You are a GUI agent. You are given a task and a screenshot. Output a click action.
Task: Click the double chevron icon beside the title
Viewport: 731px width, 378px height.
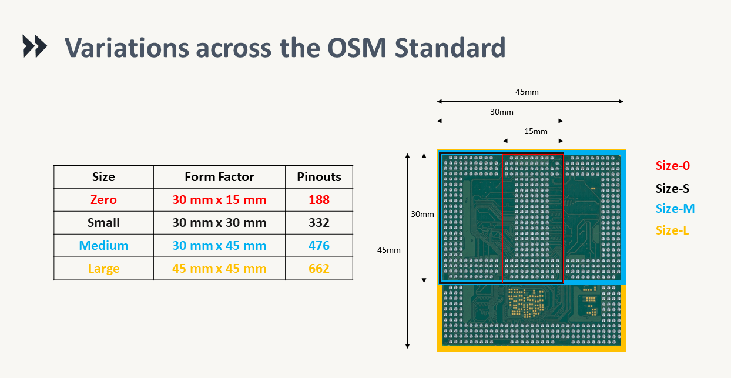[35, 46]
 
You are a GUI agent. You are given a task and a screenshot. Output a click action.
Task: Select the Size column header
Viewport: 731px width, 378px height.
[103, 177]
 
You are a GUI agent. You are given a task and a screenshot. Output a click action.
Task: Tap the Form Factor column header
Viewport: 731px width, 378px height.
[219, 177]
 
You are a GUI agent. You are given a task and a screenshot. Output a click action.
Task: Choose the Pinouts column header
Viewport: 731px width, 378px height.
[319, 177]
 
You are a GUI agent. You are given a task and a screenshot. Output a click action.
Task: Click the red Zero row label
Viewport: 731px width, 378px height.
[103, 200]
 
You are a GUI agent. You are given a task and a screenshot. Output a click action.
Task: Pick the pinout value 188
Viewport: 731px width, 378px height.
[319, 200]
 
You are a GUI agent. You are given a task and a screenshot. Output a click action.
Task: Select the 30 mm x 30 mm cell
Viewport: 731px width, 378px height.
[219, 223]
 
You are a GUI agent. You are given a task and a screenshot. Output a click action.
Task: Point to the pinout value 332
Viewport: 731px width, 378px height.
[319, 223]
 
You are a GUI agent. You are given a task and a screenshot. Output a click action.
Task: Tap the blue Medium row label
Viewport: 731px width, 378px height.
[103, 246]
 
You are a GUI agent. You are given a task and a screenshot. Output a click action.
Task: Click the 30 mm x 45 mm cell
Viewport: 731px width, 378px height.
[219, 246]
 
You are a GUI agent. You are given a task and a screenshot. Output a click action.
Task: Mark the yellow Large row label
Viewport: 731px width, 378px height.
[103, 269]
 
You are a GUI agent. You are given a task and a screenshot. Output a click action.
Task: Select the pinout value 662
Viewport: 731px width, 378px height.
[319, 269]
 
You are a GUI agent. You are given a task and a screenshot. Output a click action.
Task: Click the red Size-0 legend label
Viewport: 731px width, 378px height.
[672, 166]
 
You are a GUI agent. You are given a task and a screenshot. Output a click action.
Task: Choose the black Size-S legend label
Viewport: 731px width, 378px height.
[672, 189]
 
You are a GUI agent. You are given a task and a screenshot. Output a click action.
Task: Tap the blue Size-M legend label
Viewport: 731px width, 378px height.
[675, 209]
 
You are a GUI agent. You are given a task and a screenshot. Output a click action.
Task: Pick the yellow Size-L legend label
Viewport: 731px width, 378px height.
[672, 230]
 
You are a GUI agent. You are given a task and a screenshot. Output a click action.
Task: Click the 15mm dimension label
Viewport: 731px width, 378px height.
[535, 131]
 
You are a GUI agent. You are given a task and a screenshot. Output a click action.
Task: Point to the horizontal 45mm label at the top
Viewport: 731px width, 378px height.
[527, 92]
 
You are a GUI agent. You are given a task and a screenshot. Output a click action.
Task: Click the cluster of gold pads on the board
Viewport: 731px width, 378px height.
[525, 303]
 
